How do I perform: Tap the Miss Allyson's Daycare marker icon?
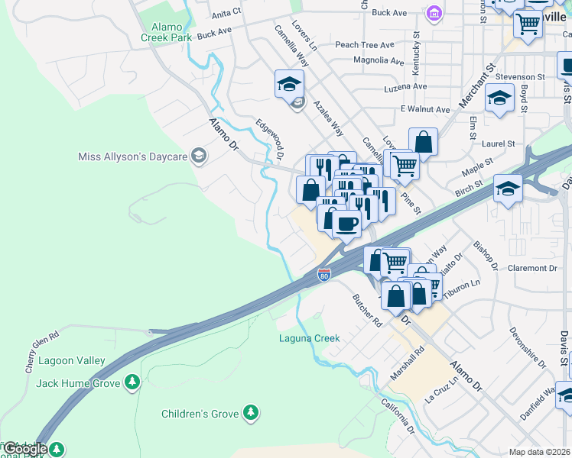coord(199,156)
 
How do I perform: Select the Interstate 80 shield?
coord(324,274)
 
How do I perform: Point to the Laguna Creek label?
coord(309,337)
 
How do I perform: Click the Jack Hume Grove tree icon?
coord(132,382)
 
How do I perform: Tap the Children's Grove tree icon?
coord(250,414)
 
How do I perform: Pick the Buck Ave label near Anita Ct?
coord(214,33)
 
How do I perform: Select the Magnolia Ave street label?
coord(379,60)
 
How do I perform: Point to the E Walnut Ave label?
coord(423,109)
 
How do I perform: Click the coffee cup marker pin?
coord(346,224)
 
